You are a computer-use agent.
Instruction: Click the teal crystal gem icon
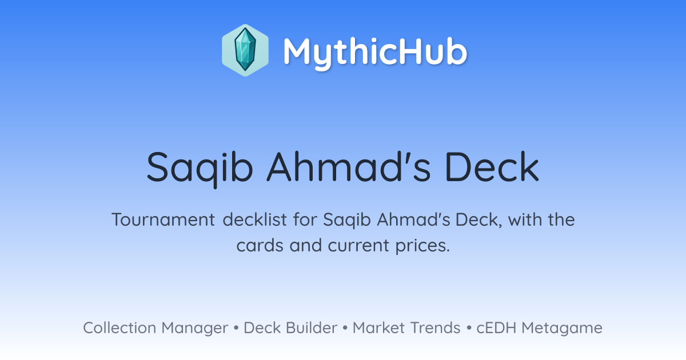coord(245,50)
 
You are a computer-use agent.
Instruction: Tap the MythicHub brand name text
coord(375,52)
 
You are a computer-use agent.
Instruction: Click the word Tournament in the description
coord(163,219)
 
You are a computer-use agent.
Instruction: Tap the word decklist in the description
coord(254,219)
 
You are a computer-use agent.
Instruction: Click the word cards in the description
coord(260,246)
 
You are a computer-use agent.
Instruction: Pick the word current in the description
coord(358,246)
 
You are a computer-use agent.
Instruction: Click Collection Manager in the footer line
coord(155,328)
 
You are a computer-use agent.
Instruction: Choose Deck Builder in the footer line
coord(290,327)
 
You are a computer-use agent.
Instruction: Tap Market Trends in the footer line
coord(406,327)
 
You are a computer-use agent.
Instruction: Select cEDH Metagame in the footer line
coord(539,328)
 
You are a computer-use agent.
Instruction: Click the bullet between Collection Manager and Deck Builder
coord(236,328)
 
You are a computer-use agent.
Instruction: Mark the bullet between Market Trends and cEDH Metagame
coord(469,328)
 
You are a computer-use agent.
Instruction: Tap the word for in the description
coord(305,219)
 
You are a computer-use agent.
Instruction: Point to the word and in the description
coord(306,245)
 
